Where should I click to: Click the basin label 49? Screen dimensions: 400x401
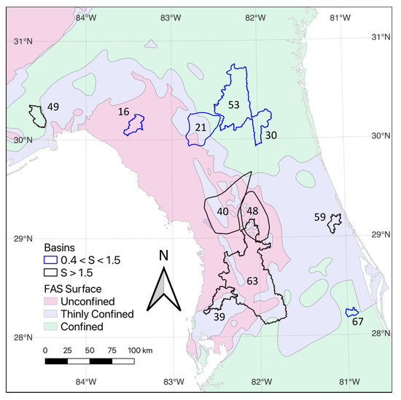pos(53,107)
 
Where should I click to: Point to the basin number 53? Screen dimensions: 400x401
pos(233,105)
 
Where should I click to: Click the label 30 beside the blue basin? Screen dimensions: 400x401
pos(270,135)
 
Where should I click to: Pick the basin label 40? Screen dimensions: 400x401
pos(223,211)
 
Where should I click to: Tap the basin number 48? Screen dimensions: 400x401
pos(252,211)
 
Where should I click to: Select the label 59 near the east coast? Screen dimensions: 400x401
pos(319,216)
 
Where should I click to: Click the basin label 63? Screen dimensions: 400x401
pos(252,280)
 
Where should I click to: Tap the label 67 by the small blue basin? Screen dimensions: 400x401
pos(357,321)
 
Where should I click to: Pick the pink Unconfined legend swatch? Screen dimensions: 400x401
pos(50,301)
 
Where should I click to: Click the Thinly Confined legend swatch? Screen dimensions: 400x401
pos(50,314)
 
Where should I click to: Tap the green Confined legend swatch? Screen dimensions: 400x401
pos(50,327)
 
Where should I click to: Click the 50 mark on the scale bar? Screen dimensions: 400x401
pos(90,350)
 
